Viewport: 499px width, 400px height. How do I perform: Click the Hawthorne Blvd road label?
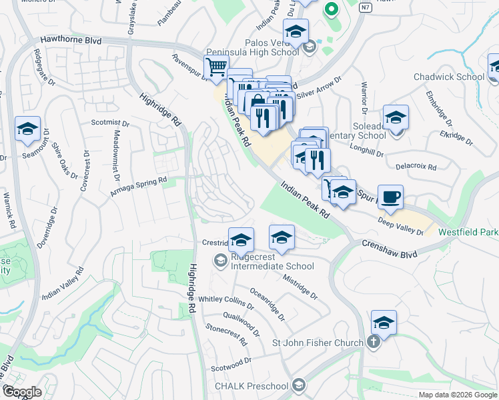(x=71, y=41)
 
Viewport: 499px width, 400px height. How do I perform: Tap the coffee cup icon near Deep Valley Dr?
(x=390, y=197)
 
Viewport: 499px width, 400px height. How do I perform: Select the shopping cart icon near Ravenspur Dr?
(x=216, y=68)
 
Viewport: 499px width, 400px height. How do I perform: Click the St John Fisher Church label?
(x=317, y=343)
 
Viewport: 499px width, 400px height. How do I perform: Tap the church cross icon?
(x=374, y=343)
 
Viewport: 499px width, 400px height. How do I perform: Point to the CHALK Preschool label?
(x=251, y=386)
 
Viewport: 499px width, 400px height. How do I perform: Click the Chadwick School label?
(x=448, y=77)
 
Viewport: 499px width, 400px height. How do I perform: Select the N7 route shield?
(x=364, y=8)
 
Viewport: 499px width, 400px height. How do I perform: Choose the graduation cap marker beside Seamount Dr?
(x=27, y=129)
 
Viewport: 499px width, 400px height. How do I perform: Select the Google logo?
(x=22, y=392)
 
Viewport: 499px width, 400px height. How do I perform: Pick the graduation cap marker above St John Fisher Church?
(x=384, y=323)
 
